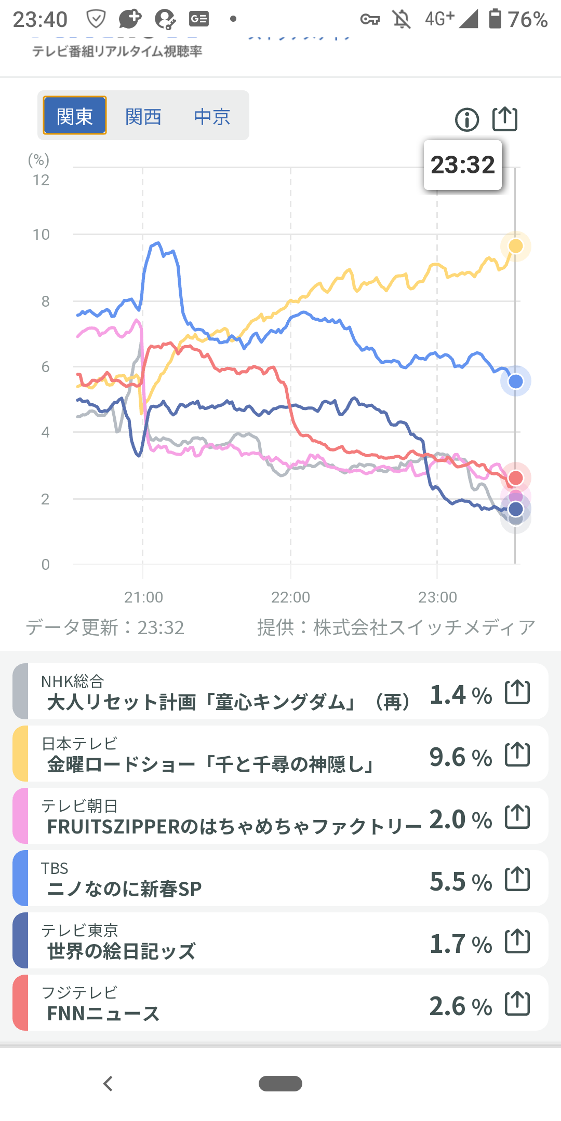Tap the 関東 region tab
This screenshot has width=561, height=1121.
pyautogui.click(x=75, y=116)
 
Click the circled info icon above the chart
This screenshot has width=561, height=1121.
pyautogui.click(x=466, y=120)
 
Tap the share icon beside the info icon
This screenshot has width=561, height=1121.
pyautogui.click(x=505, y=119)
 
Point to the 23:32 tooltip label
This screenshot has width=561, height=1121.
pyautogui.click(x=463, y=165)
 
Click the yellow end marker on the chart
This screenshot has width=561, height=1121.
pyautogui.click(x=515, y=246)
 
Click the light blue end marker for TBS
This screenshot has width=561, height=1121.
pyautogui.click(x=515, y=381)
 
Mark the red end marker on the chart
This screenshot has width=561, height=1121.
pyautogui.click(x=515, y=477)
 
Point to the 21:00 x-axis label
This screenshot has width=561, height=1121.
pyautogui.click(x=143, y=597)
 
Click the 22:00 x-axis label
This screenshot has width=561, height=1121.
pyautogui.click(x=290, y=597)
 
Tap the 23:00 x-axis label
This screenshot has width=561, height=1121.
pyautogui.click(x=437, y=597)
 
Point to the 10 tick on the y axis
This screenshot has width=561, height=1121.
pyautogui.click(x=41, y=235)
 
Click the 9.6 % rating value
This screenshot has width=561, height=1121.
pyautogui.click(x=460, y=757)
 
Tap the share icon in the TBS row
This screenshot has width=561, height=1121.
pyautogui.click(x=517, y=879)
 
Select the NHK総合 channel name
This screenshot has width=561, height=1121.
pyautogui.click(x=73, y=681)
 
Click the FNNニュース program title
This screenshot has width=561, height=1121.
pyautogui.click(x=103, y=1013)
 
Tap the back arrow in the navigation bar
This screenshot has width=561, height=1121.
pyautogui.click(x=108, y=1084)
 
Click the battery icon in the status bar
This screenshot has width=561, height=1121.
pyautogui.click(x=495, y=19)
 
